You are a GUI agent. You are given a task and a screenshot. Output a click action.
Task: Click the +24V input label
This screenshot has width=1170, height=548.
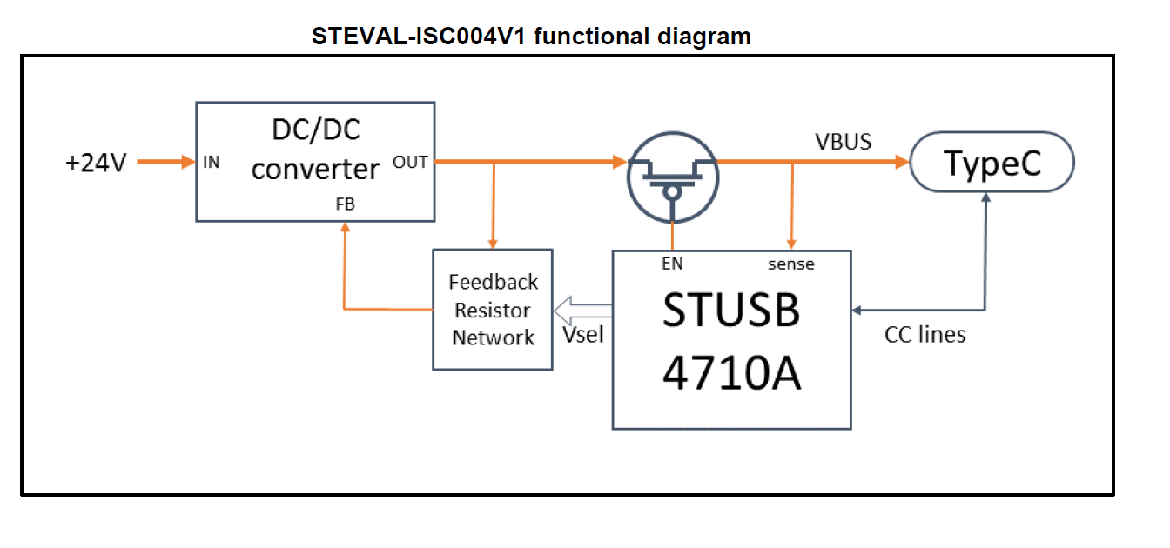pos(96,163)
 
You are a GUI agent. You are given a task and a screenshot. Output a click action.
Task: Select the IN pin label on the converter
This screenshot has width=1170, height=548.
pos(212,162)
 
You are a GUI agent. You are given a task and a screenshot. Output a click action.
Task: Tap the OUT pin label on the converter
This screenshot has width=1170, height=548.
pos(410,162)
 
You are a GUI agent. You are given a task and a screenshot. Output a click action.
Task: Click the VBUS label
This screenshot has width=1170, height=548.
pos(843,142)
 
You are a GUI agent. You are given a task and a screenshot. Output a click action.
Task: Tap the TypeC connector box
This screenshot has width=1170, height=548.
pos(992,164)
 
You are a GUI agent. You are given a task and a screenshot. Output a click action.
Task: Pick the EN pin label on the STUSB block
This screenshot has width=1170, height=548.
pos(672,264)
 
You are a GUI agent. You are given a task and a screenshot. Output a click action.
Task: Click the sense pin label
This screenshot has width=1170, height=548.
pos(790,264)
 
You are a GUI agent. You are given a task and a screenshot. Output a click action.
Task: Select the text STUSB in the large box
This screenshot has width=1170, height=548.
pos(730,311)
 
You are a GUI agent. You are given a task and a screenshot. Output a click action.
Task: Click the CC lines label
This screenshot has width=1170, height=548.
pos(925,335)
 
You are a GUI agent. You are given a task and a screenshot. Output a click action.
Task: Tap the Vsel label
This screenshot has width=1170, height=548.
pos(582,335)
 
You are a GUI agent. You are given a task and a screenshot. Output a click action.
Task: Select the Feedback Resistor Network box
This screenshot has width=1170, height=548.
pos(493,310)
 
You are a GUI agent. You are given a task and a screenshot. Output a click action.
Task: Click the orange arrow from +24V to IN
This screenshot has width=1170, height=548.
pos(165,162)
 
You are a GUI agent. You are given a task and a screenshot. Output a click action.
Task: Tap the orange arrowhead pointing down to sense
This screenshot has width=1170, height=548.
pos(791,244)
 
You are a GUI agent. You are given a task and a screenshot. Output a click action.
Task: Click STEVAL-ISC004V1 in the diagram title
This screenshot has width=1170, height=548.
pos(420,37)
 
